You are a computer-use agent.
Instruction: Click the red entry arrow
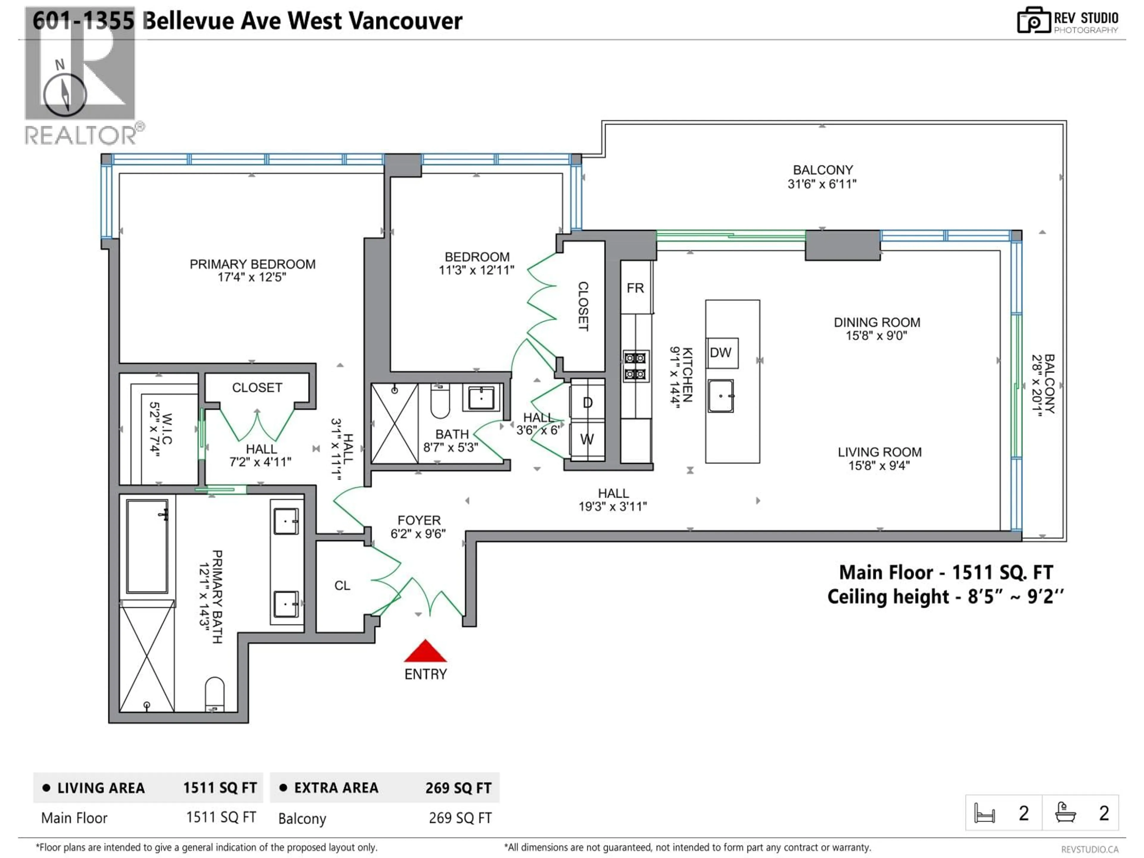coord(425,652)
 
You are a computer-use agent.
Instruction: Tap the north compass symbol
coord(65,94)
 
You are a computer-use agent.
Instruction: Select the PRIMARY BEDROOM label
coord(252,264)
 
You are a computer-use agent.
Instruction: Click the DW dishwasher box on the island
coord(721,353)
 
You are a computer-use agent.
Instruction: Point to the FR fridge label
coord(635,288)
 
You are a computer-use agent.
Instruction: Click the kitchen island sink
coord(720,396)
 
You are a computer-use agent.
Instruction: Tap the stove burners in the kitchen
coord(635,366)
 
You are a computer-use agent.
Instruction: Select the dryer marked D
coord(587,402)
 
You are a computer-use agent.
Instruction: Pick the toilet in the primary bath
coord(214,694)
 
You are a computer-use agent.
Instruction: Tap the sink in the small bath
coord(481,398)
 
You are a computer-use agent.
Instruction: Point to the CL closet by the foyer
coord(342,585)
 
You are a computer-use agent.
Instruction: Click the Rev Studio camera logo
coord(1033,21)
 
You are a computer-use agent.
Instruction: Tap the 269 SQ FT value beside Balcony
coord(460,818)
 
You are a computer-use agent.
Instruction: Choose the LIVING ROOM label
coord(879,452)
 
